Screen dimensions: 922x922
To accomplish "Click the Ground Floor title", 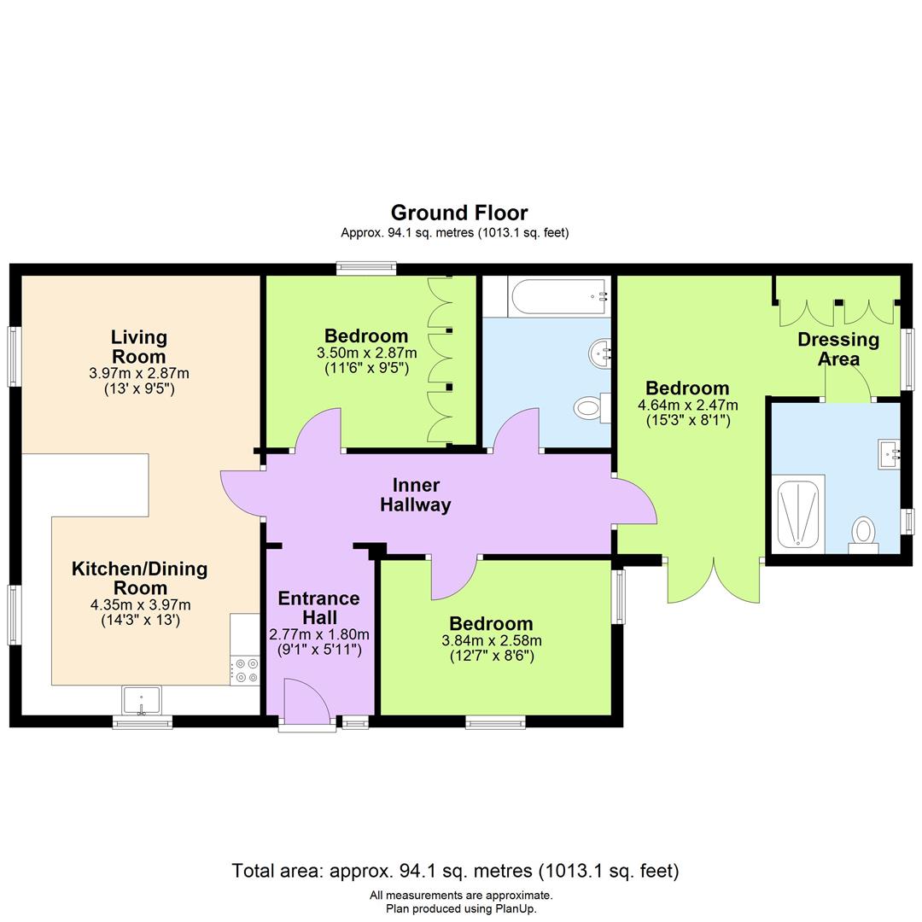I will click(x=459, y=213).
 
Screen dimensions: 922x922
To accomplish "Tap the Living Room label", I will click(x=139, y=347).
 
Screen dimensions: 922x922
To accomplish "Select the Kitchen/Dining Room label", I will click(x=139, y=578).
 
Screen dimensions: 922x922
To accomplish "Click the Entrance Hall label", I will click(x=318, y=608).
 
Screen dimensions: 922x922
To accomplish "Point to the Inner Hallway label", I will click(x=415, y=495).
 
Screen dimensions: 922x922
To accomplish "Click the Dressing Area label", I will click(x=838, y=349).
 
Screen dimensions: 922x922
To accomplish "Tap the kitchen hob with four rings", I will click(x=247, y=670).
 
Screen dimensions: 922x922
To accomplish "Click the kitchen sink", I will click(x=142, y=701).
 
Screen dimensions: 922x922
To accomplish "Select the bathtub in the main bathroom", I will click(x=559, y=297).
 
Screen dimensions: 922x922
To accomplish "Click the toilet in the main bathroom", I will click(x=590, y=408).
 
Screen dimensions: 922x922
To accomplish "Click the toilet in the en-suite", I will click(x=864, y=534).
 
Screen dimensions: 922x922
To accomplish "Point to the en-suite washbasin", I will click(x=889, y=453).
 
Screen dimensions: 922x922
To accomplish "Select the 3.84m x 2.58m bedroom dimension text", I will click(x=491, y=640).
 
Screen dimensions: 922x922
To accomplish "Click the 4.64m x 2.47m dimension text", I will click(x=687, y=406).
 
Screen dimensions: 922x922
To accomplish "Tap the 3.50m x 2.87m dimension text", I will click(x=366, y=353).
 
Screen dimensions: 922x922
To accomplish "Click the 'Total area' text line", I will click(x=455, y=871).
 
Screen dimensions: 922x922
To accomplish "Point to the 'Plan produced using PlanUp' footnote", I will click(x=461, y=908).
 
